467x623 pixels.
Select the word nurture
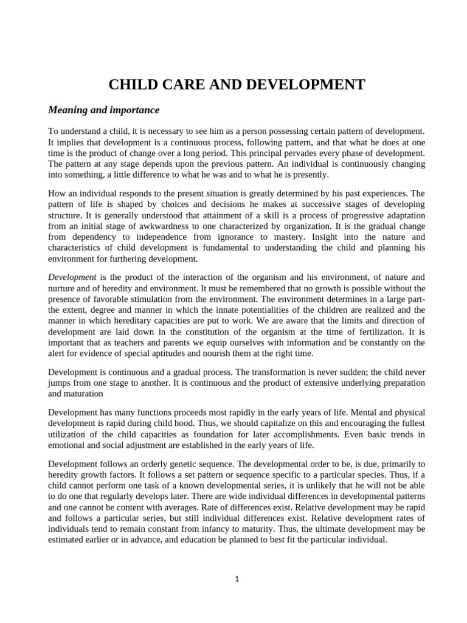pos(63,288)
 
